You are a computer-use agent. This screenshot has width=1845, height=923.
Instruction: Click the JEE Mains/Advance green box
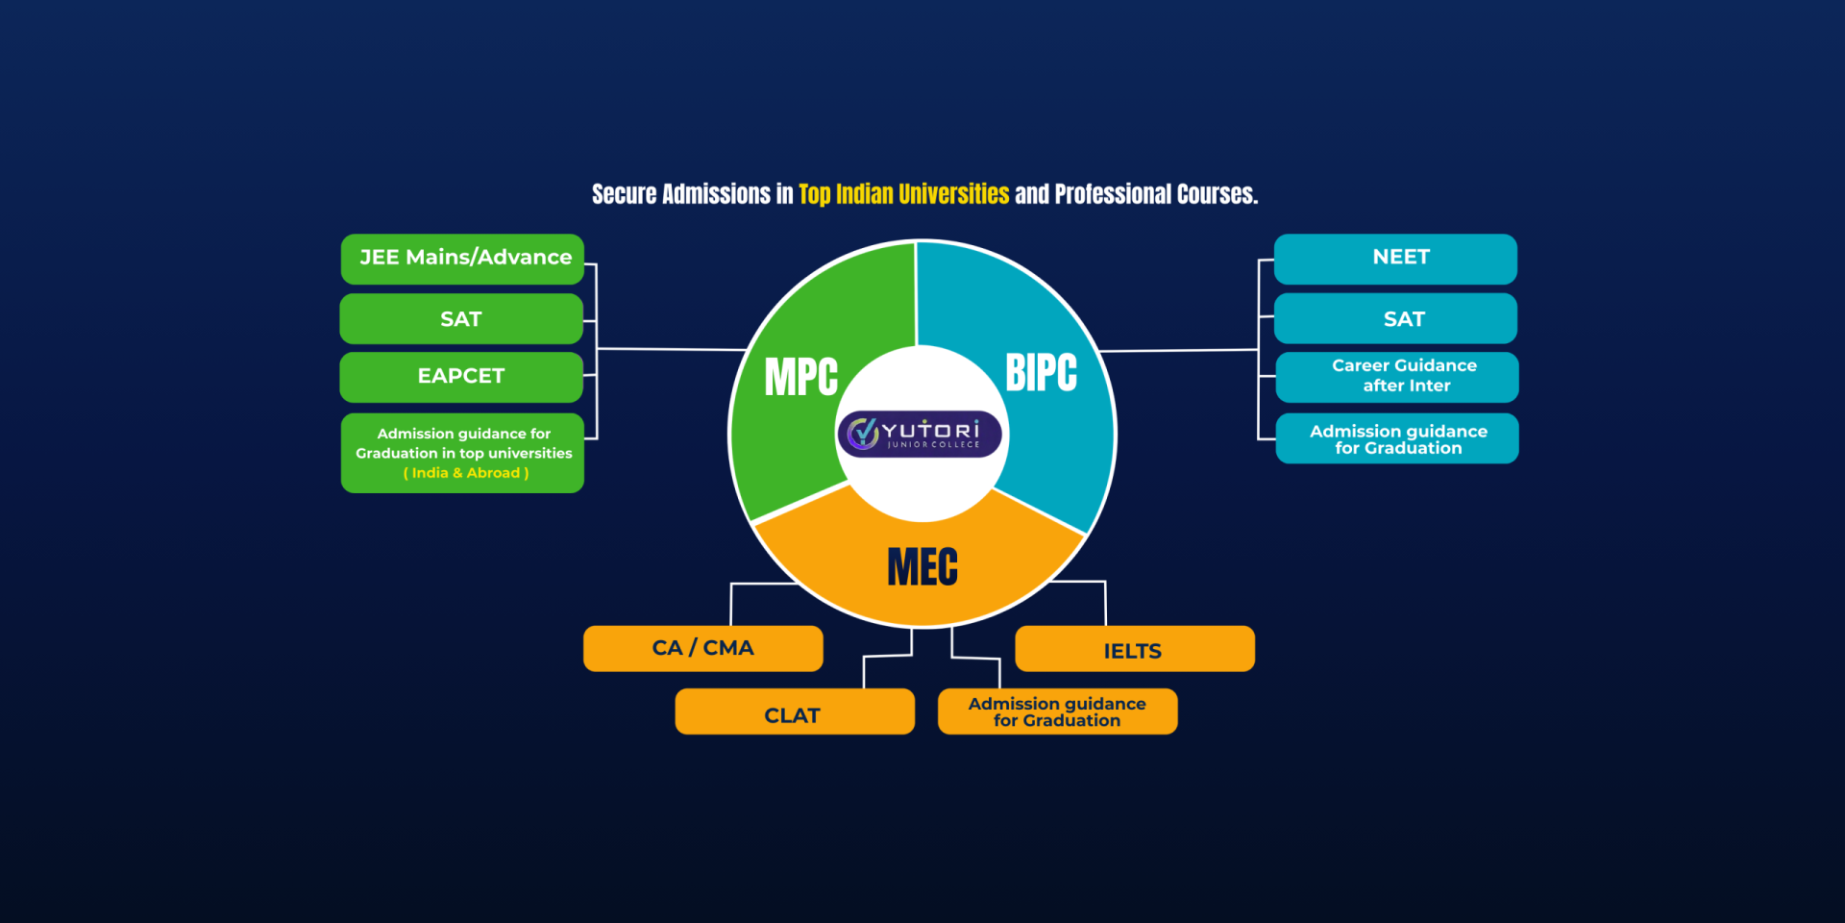click(462, 259)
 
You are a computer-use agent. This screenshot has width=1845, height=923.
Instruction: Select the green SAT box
click(461, 319)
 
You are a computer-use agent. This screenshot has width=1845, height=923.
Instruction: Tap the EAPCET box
click(461, 377)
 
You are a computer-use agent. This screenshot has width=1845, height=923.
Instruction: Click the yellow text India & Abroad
click(466, 473)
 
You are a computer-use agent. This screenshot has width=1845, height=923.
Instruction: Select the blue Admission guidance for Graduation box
click(1397, 439)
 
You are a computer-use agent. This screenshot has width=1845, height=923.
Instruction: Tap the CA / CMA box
click(702, 649)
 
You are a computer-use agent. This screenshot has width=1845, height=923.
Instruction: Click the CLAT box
click(794, 712)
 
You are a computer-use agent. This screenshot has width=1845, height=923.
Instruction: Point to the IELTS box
click(1134, 650)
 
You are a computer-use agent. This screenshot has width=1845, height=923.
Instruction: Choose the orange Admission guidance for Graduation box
click(1057, 712)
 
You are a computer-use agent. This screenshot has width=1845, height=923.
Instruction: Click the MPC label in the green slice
click(801, 377)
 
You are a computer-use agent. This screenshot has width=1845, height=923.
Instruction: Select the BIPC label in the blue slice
click(1042, 373)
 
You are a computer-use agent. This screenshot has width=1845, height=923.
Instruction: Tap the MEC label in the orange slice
click(922, 567)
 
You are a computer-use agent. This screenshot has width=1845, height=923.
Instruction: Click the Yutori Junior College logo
click(920, 435)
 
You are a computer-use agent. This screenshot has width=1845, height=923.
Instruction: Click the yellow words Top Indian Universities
click(903, 195)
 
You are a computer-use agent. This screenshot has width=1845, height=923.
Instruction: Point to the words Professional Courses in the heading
click(1156, 195)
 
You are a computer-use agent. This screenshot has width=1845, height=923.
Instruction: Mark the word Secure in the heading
click(624, 195)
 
